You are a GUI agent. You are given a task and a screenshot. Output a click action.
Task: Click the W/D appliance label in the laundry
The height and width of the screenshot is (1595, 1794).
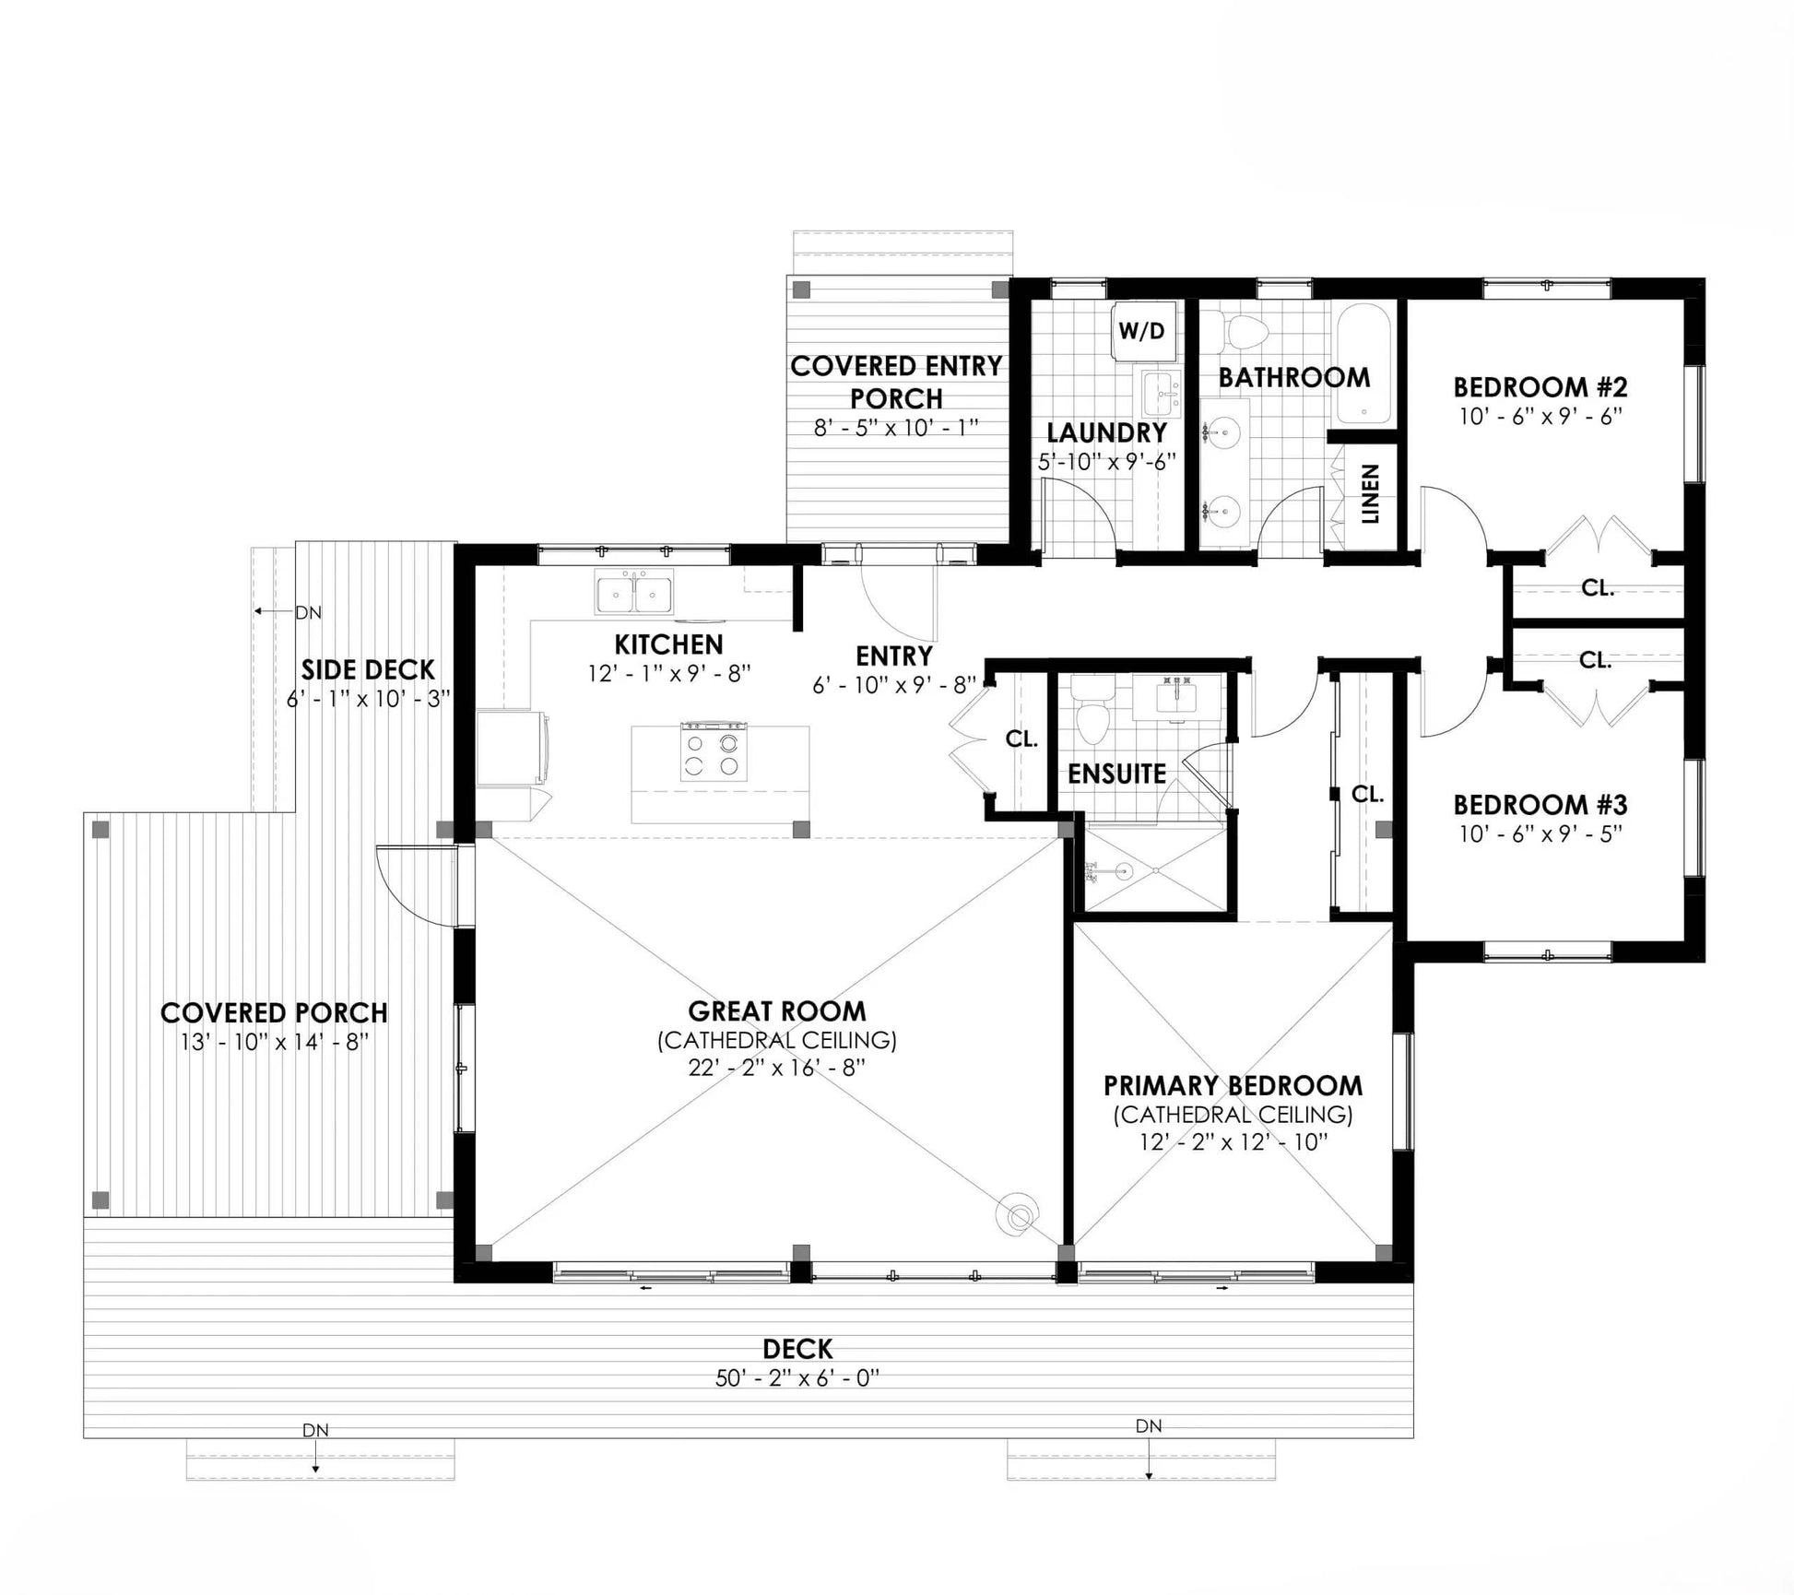pos(1141,330)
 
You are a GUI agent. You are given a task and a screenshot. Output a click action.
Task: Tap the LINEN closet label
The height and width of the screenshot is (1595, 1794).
pos(1370,494)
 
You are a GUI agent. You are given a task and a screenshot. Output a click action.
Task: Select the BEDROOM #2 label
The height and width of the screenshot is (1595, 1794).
pos(1540,386)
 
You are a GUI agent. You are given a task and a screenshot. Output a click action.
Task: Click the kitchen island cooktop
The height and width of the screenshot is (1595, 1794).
pos(714,752)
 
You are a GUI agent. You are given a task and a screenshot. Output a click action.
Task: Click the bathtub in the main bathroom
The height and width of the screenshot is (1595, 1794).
pos(1363,365)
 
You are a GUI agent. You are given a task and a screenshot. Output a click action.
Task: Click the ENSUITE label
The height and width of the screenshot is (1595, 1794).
pos(1116,774)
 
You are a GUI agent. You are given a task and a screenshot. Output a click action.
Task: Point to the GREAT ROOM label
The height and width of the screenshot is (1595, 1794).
pos(777,1011)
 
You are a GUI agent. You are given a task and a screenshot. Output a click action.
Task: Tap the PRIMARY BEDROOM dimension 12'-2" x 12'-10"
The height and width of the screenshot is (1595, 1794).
pos(1233,1142)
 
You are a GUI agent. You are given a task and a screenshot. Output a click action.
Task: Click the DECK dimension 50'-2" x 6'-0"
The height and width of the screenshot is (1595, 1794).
pos(797,1378)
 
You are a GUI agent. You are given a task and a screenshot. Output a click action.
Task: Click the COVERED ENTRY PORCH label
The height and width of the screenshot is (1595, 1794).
pos(896,383)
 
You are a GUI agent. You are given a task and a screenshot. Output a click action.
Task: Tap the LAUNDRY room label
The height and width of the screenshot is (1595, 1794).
pos(1106,432)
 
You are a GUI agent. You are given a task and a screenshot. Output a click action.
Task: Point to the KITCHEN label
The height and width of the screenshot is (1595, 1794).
pos(669,644)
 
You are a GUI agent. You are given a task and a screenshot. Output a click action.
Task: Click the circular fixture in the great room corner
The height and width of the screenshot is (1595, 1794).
pos(1019,1218)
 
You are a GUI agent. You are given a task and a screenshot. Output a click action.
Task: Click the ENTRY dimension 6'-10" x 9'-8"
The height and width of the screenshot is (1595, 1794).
pos(894,685)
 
